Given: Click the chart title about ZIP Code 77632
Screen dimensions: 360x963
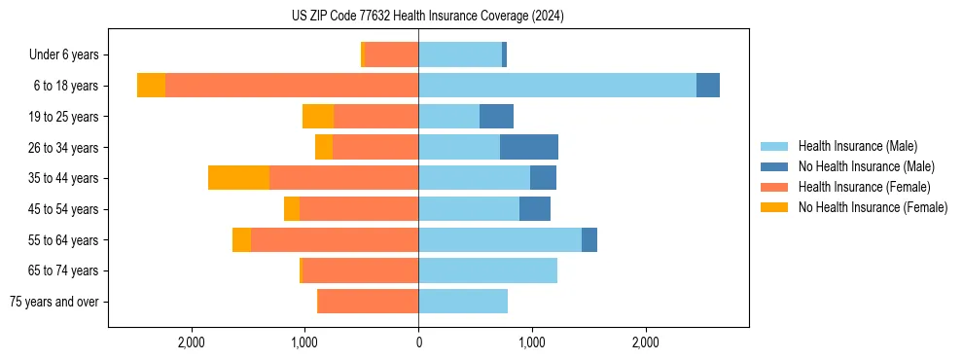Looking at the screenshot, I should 427,16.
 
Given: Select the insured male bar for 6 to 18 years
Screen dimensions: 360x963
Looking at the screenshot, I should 557,86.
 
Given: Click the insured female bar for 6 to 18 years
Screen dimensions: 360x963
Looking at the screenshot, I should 292,86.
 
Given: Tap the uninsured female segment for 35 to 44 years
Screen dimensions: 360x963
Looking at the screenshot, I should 238,178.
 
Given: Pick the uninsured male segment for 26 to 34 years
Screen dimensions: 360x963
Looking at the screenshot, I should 529,147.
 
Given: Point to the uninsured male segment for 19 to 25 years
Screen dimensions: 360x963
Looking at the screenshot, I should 496,117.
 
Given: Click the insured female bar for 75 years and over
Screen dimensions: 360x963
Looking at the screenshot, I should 369,302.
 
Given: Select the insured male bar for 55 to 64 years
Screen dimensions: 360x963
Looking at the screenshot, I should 500,239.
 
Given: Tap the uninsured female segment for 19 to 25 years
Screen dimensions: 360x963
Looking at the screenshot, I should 318,117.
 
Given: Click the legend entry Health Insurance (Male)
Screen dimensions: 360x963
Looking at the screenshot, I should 857,146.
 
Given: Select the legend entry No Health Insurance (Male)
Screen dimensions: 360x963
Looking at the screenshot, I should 864,166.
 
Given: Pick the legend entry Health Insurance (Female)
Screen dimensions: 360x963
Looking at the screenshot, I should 864,187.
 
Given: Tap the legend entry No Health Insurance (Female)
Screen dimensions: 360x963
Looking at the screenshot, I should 872,207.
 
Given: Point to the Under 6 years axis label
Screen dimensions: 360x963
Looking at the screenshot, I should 70,55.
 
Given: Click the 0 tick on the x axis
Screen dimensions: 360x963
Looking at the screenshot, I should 418,342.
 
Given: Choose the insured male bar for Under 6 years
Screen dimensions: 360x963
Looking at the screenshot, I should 460,54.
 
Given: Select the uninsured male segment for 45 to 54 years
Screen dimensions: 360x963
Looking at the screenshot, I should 535,209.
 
